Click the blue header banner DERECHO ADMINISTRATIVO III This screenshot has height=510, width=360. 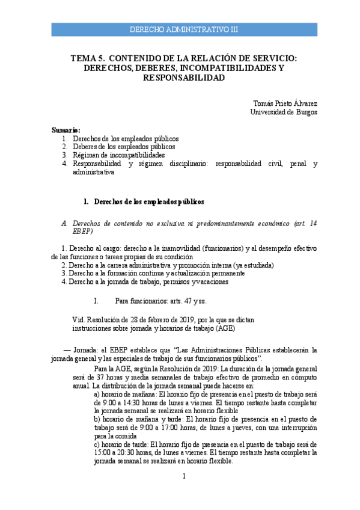(184, 29)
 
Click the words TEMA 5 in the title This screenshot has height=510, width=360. (84, 58)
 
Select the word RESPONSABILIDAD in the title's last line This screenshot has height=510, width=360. (184, 78)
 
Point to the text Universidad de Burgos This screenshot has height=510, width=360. (284, 112)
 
